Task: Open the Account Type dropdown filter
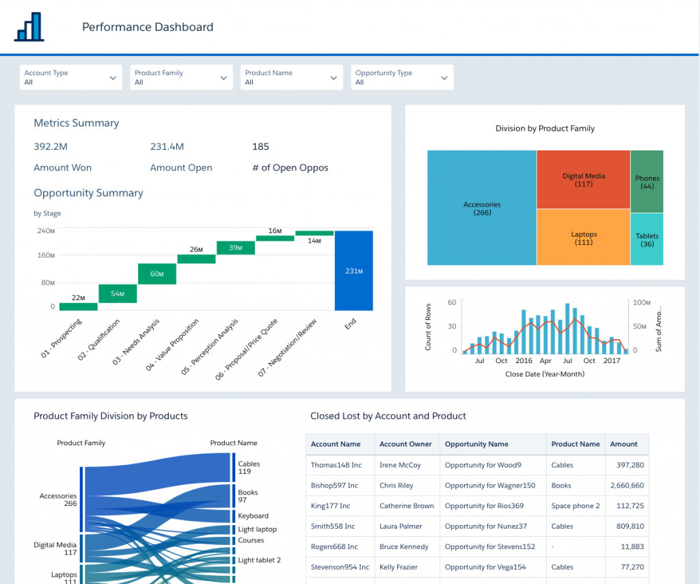pyautogui.click(x=70, y=77)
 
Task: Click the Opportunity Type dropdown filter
pyautogui.click(x=402, y=77)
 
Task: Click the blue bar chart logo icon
pyautogui.click(x=29, y=26)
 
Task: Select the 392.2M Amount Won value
pyautogui.click(x=51, y=146)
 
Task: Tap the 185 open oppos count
pyautogui.click(x=260, y=146)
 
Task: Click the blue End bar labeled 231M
pyautogui.click(x=353, y=271)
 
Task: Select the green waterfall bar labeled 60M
pyautogui.click(x=157, y=274)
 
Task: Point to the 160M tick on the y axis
pyautogui.click(x=46, y=256)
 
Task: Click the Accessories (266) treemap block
pyautogui.click(x=482, y=208)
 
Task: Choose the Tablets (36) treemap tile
pyautogui.click(x=647, y=239)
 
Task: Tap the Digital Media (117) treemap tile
pyautogui.click(x=583, y=179)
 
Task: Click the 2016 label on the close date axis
pyautogui.click(x=524, y=360)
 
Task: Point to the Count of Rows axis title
pyautogui.click(x=429, y=326)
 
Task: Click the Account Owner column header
pyautogui.click(x=405, y=444)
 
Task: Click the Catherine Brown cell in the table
pyautogui.click(x=407, y=506)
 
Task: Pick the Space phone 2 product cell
pyautogui.click(x=575, y=506)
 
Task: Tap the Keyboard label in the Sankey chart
pyautogui.click(x=253, y=516)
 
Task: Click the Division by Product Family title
pyautogui.click(x=545, y=128)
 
